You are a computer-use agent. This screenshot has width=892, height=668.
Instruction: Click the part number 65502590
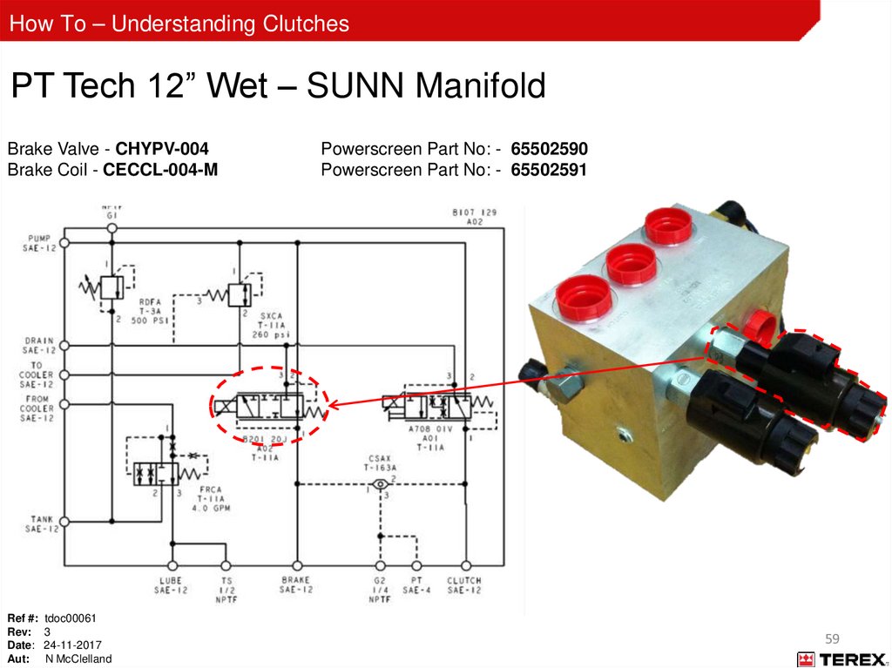point(549,149)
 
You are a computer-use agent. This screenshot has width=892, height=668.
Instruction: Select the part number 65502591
point(549,170)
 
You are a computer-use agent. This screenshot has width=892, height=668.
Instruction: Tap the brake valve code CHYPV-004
point(162,149)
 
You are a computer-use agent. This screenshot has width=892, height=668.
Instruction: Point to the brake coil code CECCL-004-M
point(160,170)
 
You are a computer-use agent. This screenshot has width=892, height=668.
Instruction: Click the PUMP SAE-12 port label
point(40,243)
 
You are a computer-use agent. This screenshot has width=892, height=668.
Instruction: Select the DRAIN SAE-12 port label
point(39,345)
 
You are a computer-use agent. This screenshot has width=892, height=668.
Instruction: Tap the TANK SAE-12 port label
point(40,523)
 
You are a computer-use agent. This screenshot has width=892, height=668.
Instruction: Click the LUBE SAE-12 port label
point(172,585)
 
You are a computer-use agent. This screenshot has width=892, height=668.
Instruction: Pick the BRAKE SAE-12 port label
point(296,585)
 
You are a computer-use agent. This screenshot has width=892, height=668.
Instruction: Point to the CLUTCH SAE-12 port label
point(463,585)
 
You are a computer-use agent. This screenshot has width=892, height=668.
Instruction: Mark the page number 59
point(832,638)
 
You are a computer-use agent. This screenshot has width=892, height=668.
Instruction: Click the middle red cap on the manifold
point(631,261)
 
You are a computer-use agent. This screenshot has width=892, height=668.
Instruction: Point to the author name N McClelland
point(78,659)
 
